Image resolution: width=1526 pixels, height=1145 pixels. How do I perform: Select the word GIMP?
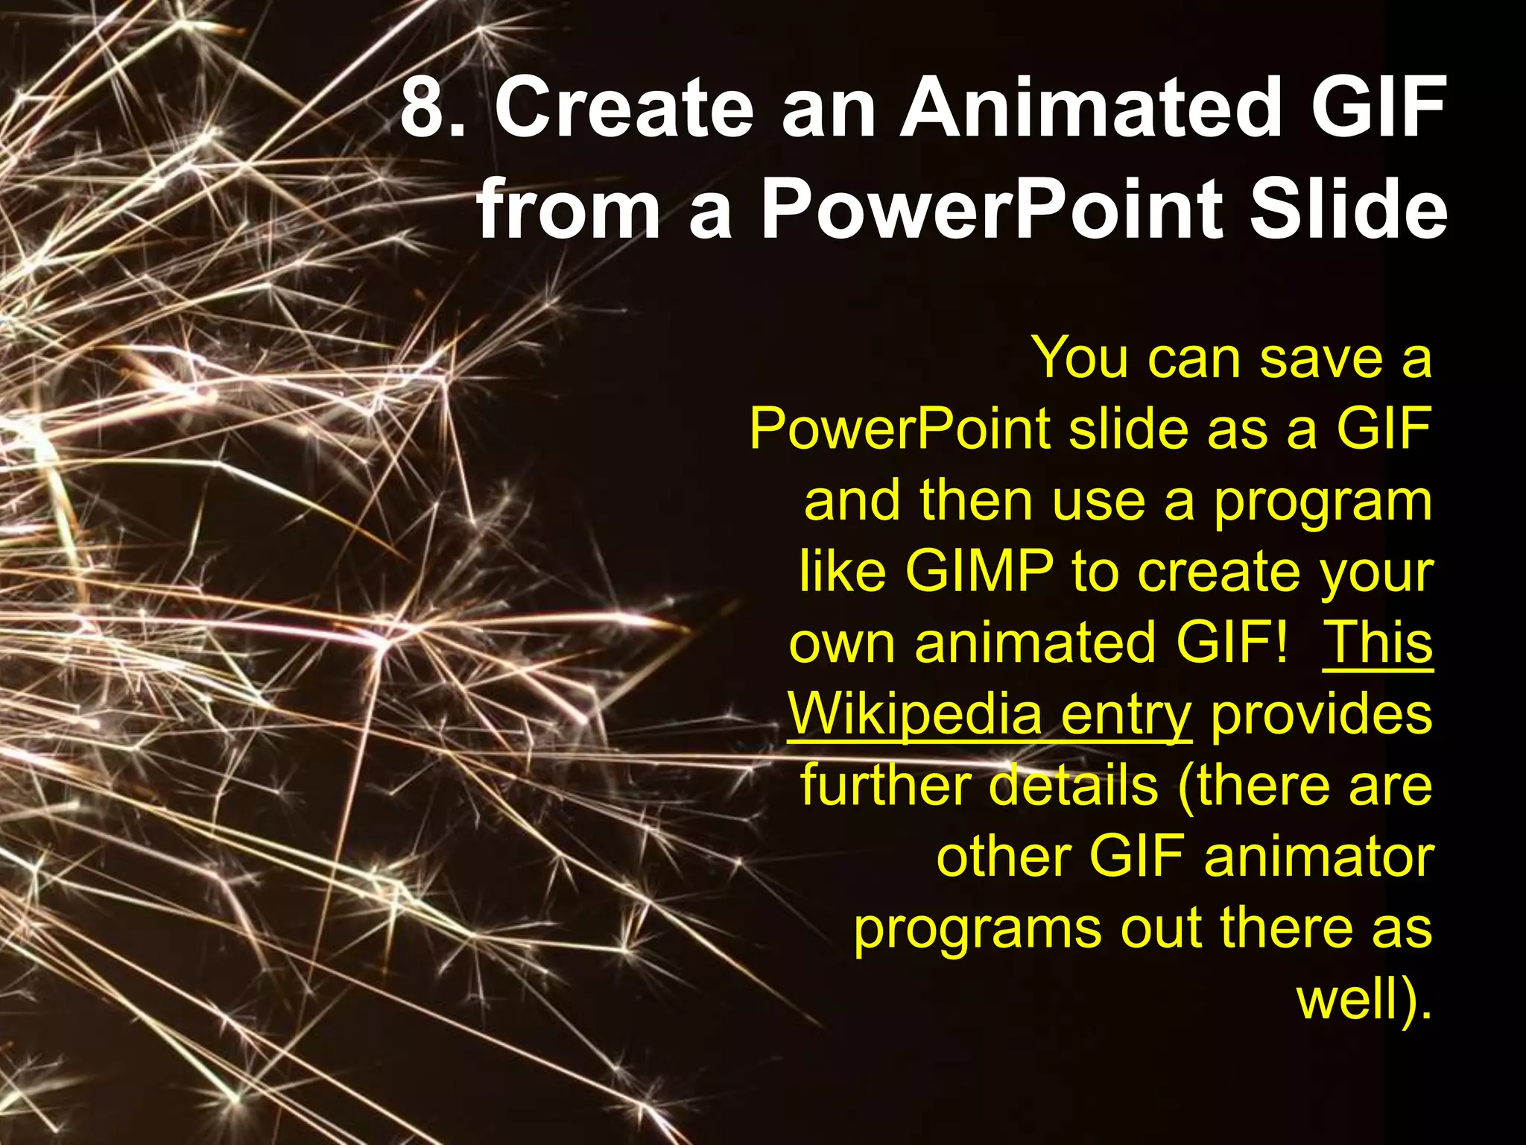(979, 572)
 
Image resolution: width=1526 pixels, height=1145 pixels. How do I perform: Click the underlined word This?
(1377, 642)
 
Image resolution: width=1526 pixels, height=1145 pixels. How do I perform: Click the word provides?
(1321, 714)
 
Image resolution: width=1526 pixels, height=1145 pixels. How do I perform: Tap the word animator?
(1318, 857)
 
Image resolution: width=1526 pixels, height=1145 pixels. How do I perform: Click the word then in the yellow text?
(976, 501)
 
